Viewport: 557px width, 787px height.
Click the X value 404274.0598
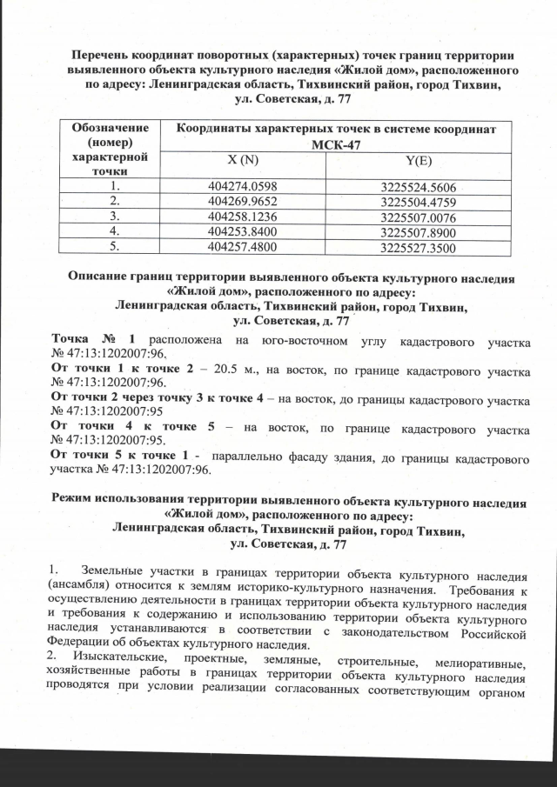pos(243,186)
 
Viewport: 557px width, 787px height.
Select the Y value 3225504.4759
pos(419,202)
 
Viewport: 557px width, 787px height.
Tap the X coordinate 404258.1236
pos(243,216)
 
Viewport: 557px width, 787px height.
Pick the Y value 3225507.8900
pos(419,233)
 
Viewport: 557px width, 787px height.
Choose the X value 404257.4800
pos(243,247)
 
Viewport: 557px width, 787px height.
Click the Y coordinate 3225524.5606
pos(419,187)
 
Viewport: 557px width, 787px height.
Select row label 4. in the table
pos(112,231)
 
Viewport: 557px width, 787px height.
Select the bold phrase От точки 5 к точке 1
pos(116,457)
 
